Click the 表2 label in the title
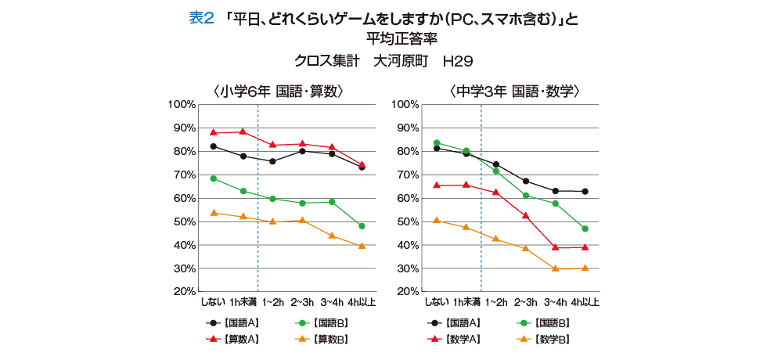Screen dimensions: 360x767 point(201,19)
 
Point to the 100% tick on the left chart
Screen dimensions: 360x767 point(182,104)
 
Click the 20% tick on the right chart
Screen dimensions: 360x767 point(405,292)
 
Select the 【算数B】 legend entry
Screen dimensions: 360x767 point(329,340)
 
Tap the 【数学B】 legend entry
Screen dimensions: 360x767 point(552,340)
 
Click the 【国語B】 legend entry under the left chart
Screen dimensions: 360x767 point(329,322)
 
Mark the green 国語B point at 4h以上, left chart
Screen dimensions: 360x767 point(362,226)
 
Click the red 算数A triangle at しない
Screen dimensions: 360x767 point(213,132)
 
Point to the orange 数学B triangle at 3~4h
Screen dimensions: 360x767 point(555,268)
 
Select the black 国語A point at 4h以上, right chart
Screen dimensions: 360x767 point(585,191)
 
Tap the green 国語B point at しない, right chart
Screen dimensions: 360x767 point(437,143)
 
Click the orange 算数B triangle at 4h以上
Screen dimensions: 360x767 point(362,246)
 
